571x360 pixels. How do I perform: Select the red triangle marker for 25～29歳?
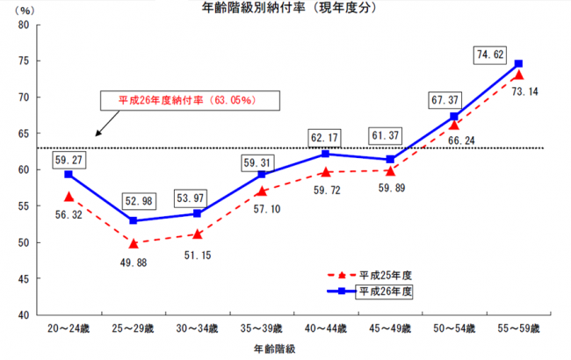[x=133, y=243]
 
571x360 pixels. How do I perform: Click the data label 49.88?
[x=132, y=260]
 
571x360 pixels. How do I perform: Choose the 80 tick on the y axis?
[x=24, y=24]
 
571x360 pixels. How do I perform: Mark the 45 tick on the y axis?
[x=24, y=278]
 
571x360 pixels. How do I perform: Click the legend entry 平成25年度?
[x=386, y=274]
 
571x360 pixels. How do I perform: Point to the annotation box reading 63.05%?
[x=187, y=100]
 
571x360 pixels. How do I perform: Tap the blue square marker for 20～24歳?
[x=69, y=175]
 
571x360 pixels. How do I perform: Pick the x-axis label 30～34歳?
[x=197, y=328]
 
